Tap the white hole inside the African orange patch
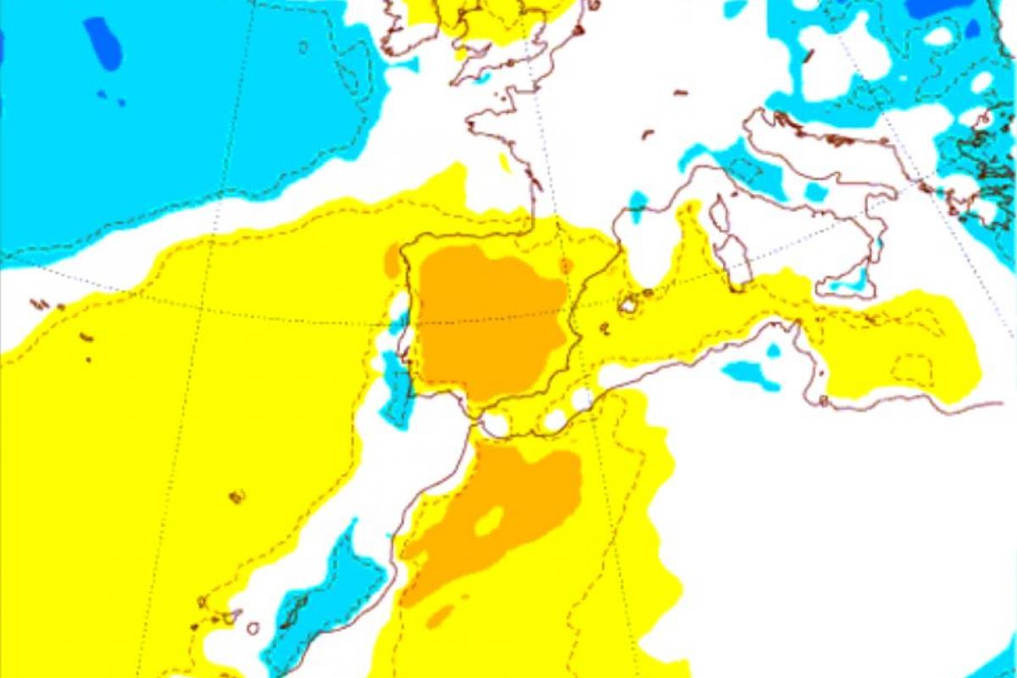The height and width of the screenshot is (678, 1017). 489,521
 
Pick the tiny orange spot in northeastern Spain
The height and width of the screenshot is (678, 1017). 566,265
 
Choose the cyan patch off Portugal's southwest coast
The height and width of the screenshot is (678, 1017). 395,386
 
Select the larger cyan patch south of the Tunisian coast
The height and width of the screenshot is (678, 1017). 751,373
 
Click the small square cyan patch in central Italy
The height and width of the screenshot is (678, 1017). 815,192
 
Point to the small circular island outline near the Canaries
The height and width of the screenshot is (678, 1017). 253,628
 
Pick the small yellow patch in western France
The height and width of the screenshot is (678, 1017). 505,161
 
